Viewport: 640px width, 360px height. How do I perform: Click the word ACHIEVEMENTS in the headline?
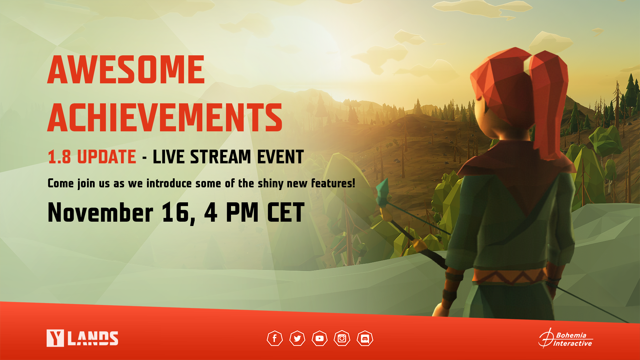[x=165, y=117]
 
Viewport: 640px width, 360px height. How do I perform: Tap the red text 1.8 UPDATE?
[x=92, y=157]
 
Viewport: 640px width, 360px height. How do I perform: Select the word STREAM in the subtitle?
[x=221, y=157]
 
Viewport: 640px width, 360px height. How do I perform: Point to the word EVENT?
[x=280, y=157]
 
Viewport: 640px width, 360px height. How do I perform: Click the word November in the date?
[x=100, y=212]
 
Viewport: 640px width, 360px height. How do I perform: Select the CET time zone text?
[x=286, y=212]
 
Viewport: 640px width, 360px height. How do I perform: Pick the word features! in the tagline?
[x=333, y=183]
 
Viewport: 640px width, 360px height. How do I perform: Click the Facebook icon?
[x=275, y=338]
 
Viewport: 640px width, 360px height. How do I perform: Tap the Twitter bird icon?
[x=297, y=338]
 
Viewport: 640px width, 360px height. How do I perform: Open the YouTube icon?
[x=320, y=338]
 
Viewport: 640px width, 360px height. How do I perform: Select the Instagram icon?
[x=342, y=338]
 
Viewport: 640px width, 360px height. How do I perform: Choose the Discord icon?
[x=365, y=338]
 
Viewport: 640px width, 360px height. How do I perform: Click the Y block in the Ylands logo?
[x=55, y=338]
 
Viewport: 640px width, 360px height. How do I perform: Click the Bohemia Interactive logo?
[x=566, y=338]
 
